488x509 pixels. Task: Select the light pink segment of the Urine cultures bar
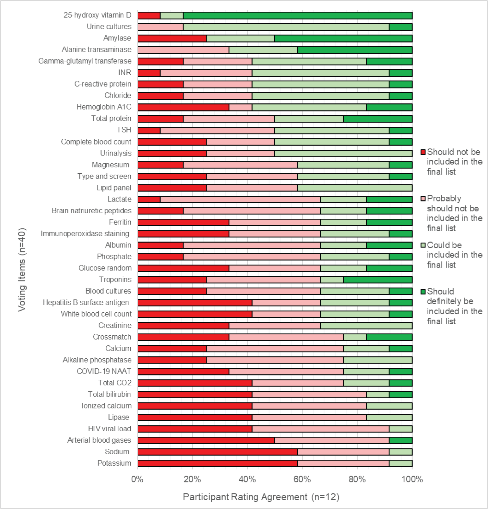161,27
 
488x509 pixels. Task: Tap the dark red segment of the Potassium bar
218,463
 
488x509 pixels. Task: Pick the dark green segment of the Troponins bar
378,280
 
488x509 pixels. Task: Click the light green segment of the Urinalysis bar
343,153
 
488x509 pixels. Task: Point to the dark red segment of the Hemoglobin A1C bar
183,107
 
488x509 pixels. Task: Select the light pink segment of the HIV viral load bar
320,429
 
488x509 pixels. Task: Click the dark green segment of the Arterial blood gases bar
400,440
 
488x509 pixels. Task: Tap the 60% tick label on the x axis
302,479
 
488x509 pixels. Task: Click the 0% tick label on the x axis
137,479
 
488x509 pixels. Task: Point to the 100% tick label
412,479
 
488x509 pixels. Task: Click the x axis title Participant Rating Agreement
261,497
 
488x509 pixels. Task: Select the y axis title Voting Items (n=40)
22,270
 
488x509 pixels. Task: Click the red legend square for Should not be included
423,152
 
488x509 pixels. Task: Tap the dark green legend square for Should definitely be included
423,292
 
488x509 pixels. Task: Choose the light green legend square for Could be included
423,245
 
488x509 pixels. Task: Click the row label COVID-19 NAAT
104,371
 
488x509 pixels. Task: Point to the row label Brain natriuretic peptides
91,211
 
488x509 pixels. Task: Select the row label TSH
124,130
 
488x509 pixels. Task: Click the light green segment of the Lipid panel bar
355,188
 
